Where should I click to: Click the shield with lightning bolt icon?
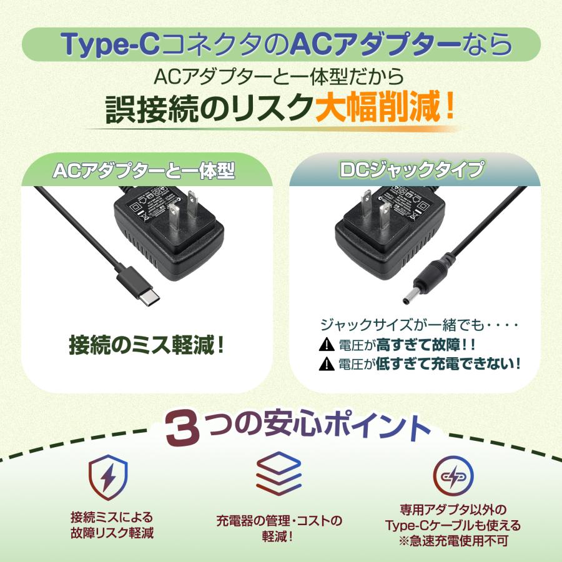109,479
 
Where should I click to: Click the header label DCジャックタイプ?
414,170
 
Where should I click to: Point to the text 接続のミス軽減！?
147,345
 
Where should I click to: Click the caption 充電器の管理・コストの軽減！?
279,527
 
